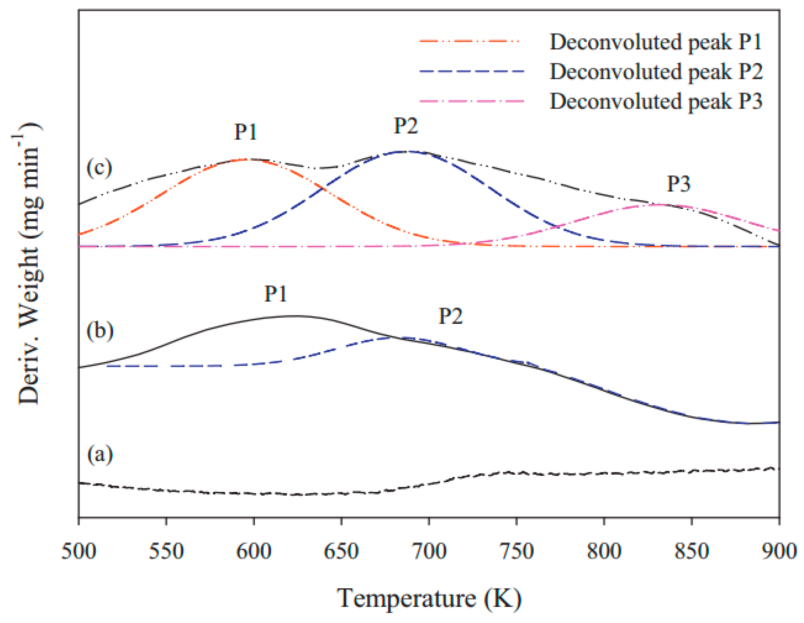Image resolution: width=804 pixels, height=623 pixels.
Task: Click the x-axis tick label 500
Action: [x=79, y=551]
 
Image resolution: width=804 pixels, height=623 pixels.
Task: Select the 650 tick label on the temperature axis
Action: [x=341, y=551]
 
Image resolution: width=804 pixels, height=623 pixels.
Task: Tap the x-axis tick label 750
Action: [x=517, y=551]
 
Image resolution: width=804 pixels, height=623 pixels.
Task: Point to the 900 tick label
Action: [x=779, y=551]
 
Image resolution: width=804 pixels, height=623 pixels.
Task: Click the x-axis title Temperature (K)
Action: [x=429, y=598]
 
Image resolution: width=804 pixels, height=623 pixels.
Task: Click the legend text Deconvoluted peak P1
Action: [x=656, y=42]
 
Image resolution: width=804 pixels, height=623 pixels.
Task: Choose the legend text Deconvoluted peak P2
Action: [x=656, y=71]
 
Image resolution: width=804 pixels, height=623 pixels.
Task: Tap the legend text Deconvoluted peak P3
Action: [x=656, y=101]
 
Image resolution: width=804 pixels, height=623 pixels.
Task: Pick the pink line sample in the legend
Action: [x=471, y=101]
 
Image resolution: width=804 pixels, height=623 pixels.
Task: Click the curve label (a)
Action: [x=100, y=455]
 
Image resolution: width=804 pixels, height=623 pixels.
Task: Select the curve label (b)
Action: [x=100, y=330]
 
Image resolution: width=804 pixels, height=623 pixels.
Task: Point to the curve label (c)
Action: [x=99, y=168]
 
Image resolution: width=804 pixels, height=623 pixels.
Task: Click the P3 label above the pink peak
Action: [x=678, y=183]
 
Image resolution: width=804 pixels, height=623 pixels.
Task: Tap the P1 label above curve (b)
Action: [x=275, y=294]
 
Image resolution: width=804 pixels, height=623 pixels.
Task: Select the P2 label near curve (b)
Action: [x=450, y=316]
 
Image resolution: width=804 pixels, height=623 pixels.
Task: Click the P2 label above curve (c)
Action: [x=406, y=126]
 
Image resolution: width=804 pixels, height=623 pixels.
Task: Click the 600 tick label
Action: [x=254, y=551]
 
